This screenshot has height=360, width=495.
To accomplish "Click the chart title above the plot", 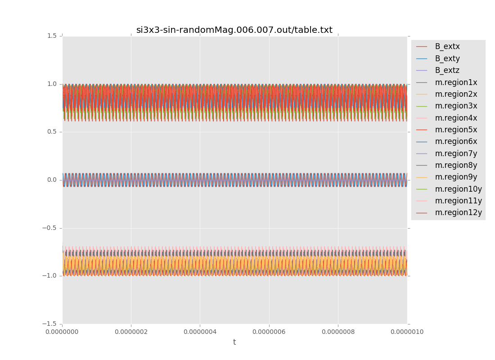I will tap(234, 30).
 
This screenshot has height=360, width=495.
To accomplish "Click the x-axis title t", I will tap(234, 342).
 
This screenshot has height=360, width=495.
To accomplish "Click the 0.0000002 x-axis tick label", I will tap(131, 332).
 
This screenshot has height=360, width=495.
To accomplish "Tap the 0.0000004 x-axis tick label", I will tap(200, 332).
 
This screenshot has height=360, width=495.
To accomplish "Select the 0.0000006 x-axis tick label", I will tap(269, 332).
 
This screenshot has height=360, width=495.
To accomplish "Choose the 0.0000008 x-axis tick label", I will tap(338, 332).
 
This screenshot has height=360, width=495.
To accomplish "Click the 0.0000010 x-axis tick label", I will tap(407, 332).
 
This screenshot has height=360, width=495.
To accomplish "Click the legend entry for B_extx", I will tap(447, 46).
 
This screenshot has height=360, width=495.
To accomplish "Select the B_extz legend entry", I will tap(447, 70).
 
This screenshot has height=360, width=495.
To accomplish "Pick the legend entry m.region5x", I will tap(456, 130).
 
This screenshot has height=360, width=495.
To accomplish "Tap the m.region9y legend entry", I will tap(456, 177).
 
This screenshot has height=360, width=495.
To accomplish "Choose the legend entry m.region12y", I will tap(458, 212).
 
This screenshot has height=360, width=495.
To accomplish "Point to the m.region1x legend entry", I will tap(456, 82).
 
